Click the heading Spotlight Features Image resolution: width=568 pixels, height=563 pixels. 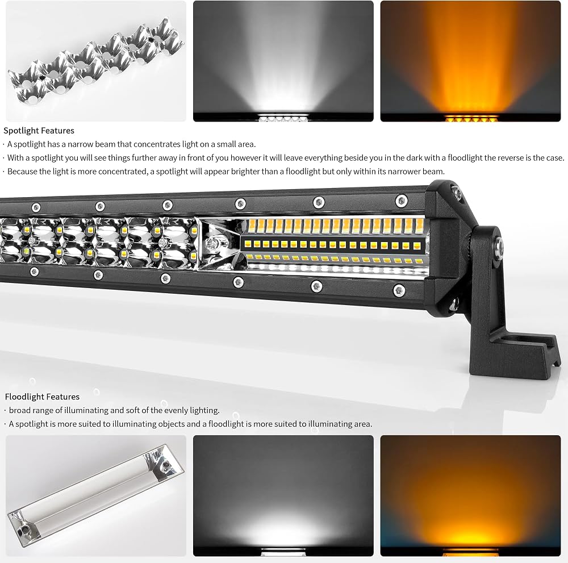39,131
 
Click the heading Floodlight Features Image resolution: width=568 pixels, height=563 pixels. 42,397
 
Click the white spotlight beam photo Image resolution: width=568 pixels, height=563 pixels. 283,61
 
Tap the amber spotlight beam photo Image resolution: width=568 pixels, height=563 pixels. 470,61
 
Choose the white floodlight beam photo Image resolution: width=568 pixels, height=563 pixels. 283,495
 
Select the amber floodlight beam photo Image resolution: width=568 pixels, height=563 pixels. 470,495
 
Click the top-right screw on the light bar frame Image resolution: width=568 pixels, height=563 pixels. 402,201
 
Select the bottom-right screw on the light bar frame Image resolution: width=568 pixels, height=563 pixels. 399,290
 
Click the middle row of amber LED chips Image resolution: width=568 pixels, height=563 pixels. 332,245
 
